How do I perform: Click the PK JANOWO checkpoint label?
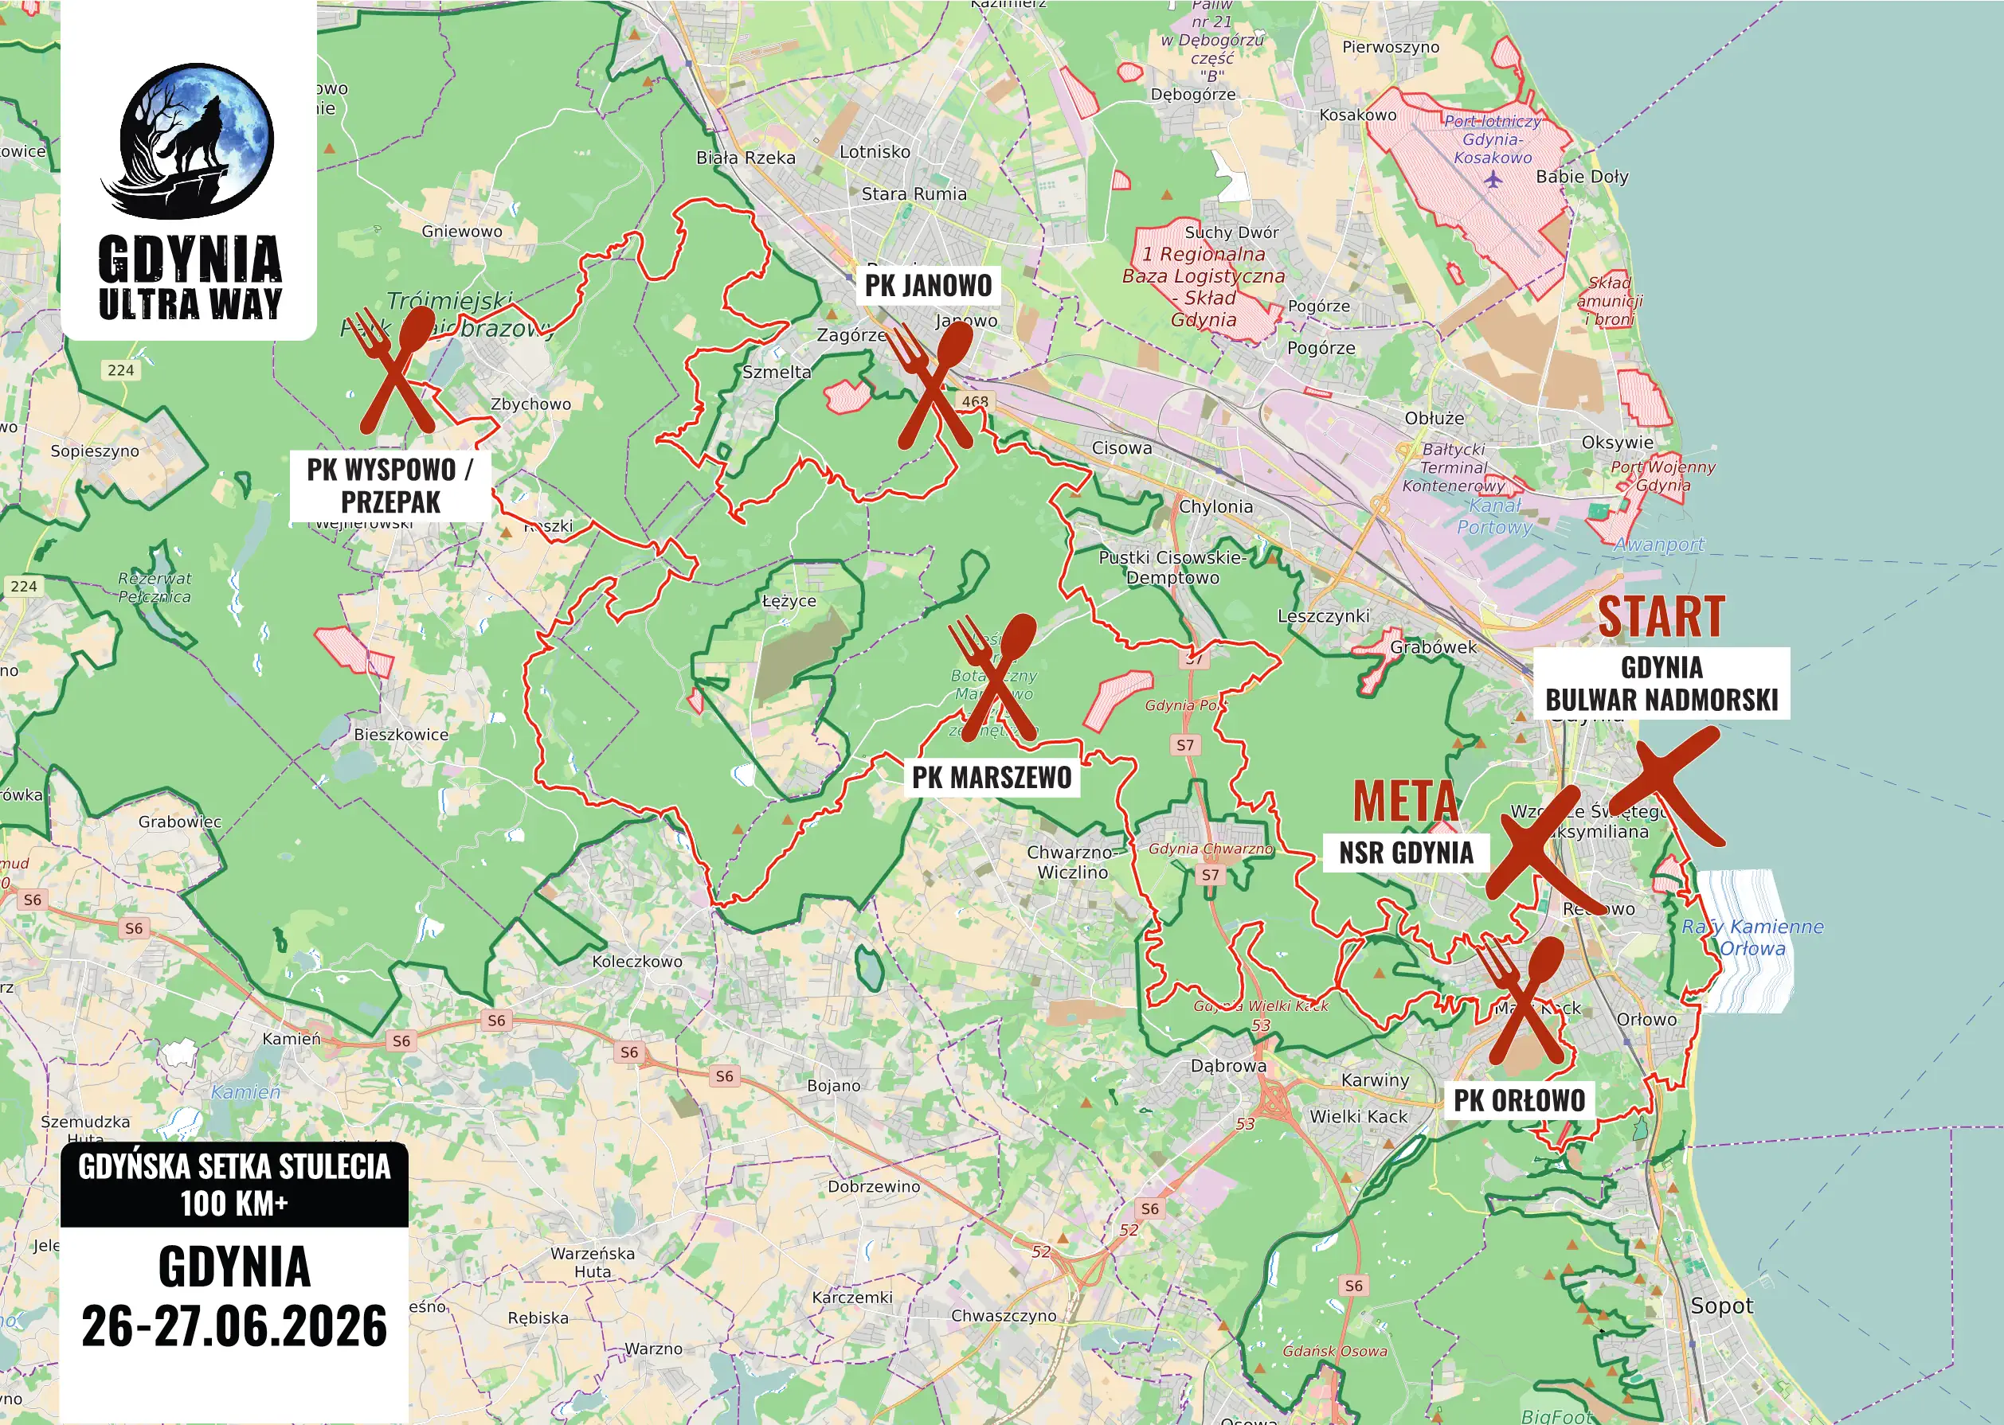coord(928,285)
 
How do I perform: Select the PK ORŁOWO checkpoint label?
coord(1519,1099)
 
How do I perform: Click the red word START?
coord(1661,616)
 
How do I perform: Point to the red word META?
coord(1404,801)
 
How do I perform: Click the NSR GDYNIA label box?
coord(1405,852)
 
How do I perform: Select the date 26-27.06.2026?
coord(234,1325)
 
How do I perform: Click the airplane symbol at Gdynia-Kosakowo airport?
coord(1492,180)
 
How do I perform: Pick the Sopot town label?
coord(1721,1306)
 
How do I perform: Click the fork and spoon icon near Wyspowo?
coord(397,370)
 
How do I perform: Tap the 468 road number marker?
coord(974,402)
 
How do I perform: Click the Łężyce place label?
coord(789,601)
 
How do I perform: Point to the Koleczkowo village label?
coord(636,961)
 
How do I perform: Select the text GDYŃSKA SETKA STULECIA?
coord(234,1166)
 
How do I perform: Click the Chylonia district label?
coord(1215,506)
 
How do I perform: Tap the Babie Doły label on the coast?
coord(1582,177)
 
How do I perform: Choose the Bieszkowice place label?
coord(401,735)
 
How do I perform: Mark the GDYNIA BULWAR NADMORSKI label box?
coord(1661,684)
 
